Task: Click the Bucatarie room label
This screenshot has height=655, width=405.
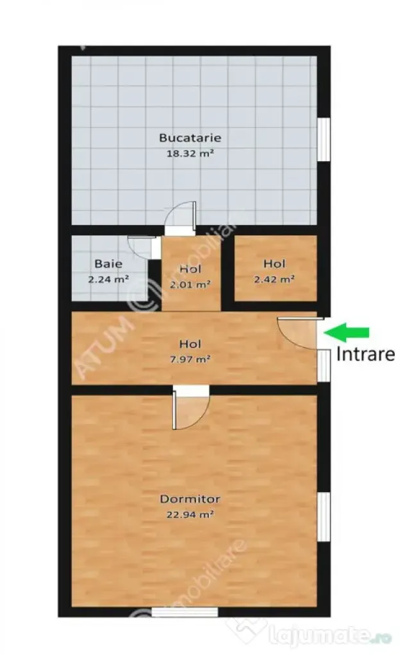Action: [190, 137]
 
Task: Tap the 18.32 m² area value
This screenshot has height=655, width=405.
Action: [190, 153]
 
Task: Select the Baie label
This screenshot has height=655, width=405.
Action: [108, 264]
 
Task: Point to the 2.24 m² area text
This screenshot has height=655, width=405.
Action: [108, 279]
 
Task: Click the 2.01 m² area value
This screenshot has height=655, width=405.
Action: [190, 285]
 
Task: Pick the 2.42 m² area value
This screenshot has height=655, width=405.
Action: [274, 279]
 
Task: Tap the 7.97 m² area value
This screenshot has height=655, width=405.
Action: [190, 359]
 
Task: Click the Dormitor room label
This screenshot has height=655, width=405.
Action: [190, 498]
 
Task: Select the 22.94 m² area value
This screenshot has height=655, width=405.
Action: [190, 515]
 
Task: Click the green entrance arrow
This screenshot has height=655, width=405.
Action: [347, 332]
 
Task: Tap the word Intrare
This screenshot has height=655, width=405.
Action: [366, 354]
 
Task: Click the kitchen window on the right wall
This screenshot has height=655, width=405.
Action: [324, 139]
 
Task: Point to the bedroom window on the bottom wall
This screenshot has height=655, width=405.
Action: [185, 612]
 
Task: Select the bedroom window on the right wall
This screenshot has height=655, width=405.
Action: [324, 516]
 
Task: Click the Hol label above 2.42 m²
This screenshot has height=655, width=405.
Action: [274, 264]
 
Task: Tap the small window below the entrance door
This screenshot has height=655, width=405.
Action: [324, 366]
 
